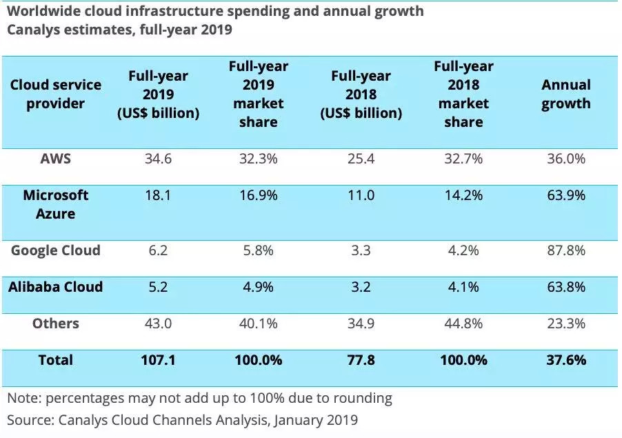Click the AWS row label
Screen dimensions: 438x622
coord(55,159)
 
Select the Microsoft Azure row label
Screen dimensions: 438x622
coord(55,204)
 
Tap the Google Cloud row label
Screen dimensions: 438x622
coord(55,250)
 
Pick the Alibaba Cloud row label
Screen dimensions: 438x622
coord(55,287)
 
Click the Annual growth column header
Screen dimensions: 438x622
coord(565,94)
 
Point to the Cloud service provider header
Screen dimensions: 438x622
coord(55,94)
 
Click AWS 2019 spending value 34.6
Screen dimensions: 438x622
coord(158,159)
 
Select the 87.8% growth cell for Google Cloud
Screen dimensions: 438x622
coord(565,250)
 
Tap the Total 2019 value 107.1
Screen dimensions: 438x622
coord(158,360)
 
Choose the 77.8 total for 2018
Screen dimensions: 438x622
coord(361,360)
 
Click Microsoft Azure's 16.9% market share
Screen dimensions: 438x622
coord(259,195)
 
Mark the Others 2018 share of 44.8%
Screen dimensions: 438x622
coord(463,323)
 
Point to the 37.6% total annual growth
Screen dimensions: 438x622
coord(565,360)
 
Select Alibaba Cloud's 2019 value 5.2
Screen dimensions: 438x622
coord(158,287)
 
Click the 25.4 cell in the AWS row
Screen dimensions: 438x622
coord(361,159)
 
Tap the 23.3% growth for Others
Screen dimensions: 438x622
coord(565,323)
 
